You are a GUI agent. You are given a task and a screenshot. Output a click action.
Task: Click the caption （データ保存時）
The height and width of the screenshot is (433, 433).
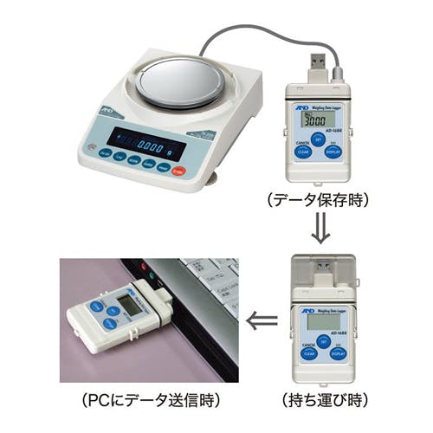click(318, 200)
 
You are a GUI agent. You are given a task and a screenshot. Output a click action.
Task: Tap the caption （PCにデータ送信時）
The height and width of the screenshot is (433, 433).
click(149, 401)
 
